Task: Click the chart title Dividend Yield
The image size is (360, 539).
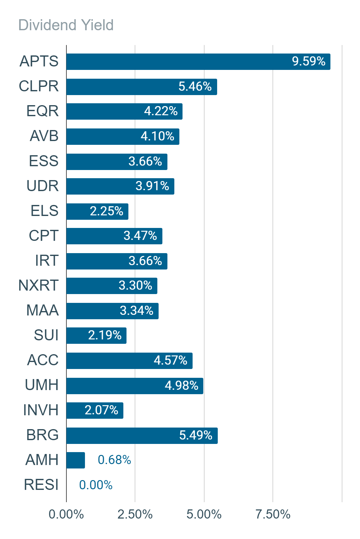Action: (66, 25)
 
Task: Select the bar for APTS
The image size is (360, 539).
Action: (198, 62)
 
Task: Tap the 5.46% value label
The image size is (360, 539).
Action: (195, 86)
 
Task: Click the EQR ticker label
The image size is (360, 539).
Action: (42, 111)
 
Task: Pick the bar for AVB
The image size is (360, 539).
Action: (123, 136)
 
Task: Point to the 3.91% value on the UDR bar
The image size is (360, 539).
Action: (152, 186)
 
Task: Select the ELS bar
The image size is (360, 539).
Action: (97, 211)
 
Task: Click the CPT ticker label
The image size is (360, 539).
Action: (43, 235)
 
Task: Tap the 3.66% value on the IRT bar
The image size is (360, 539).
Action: (145, 261)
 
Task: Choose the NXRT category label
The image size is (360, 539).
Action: (38, 285)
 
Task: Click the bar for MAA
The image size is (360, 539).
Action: (113, 311)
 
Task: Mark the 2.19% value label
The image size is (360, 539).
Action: (105, 335)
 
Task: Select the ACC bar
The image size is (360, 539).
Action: (130, 360)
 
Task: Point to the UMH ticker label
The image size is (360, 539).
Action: (42, 385)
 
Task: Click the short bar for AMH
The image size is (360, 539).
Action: (76, 460)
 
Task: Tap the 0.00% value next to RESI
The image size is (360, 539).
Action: (96, 485)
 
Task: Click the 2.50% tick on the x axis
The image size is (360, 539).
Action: (135, 514)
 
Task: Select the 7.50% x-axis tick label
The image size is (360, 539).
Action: (273, 514)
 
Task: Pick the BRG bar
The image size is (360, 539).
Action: (142, 435)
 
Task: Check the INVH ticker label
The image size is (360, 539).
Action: (41, 410)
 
